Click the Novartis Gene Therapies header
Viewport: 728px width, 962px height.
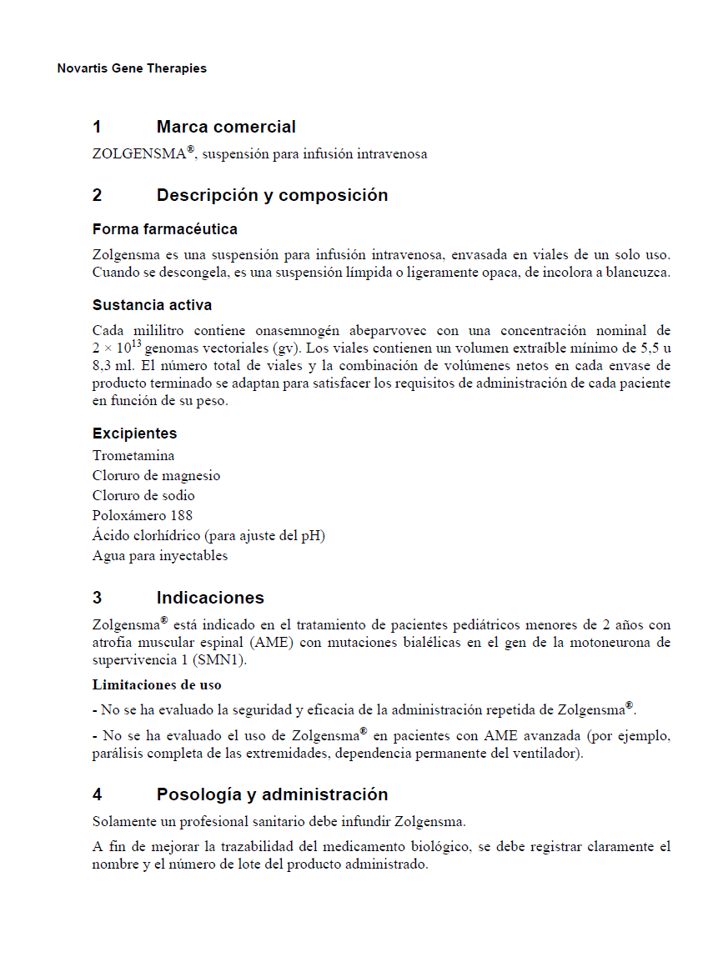(132, 68)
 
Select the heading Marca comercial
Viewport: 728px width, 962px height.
(225, 127)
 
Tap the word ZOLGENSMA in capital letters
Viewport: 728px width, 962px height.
(138, 154)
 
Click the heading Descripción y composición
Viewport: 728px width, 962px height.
(272, 195)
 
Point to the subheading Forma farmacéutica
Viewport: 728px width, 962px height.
(164, 229)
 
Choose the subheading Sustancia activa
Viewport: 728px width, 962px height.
(152, 305)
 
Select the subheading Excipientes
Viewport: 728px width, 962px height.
(134, 433)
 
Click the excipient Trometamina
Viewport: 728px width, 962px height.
(133, 456)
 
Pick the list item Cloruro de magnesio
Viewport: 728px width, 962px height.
(156, 476)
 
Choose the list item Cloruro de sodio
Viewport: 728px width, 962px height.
(143, 496)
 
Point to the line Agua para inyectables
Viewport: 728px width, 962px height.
(159, 556)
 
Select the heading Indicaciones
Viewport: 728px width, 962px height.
(210, 598)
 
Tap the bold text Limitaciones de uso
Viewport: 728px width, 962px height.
(156, 685)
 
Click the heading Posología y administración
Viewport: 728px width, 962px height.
(272, 794)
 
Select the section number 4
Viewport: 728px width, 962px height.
(98, 794)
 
